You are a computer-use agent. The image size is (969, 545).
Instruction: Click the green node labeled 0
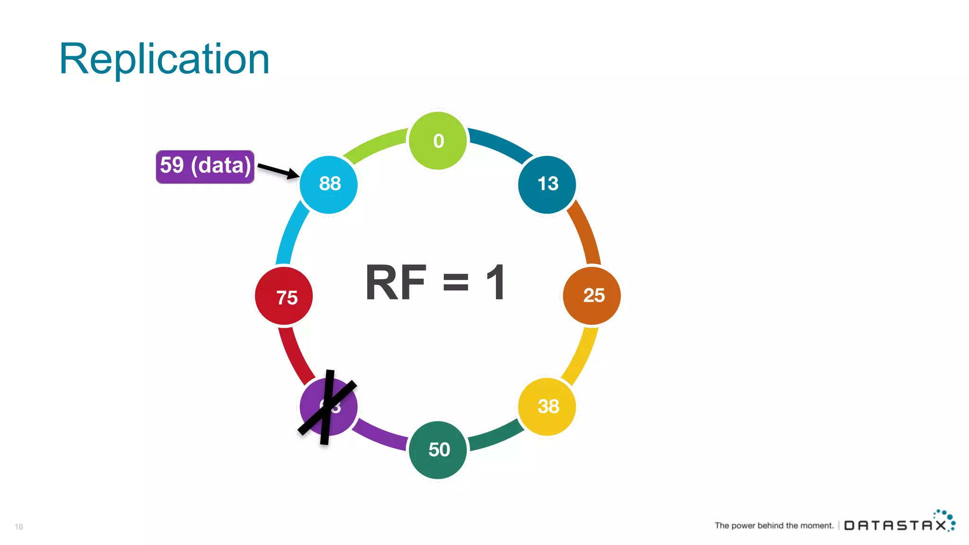438,141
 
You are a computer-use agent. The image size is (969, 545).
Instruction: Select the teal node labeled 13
547,184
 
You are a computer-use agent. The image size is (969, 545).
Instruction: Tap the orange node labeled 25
592,296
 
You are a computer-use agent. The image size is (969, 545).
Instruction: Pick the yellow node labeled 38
547,406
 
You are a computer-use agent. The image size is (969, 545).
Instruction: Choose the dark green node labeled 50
438,450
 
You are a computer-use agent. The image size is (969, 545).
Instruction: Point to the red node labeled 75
284,296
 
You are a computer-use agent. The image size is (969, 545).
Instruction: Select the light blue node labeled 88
328,184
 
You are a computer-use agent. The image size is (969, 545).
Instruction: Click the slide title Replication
164,59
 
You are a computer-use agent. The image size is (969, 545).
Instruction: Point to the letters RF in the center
396,282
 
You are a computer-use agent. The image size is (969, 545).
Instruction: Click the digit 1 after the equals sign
496,282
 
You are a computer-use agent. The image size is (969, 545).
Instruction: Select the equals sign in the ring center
456,282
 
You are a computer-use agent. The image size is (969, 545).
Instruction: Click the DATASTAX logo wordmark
895,525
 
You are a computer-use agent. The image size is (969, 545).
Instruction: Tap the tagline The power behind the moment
774,526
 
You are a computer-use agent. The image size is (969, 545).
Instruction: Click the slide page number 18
19,527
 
